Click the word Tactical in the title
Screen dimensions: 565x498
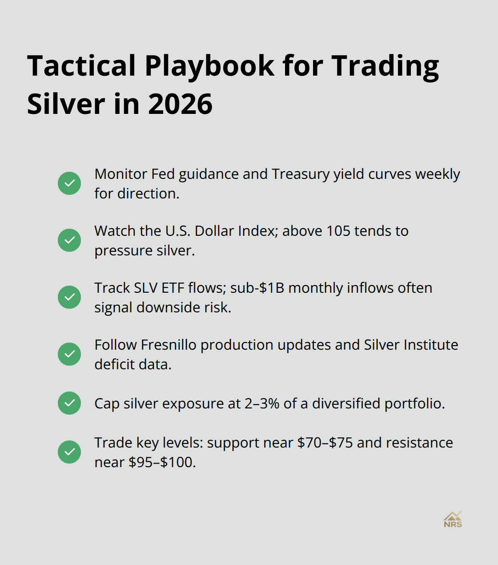coord(81,66)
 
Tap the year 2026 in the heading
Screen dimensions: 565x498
coord(180,104)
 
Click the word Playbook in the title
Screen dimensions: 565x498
coord(209,66)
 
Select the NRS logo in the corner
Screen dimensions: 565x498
coord(453,520)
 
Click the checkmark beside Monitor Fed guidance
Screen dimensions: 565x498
coord(69,183)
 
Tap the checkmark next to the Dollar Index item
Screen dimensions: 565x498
coord(69,240)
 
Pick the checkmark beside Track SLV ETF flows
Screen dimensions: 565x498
coord(69,297)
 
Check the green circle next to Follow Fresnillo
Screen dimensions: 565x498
coord(69,354)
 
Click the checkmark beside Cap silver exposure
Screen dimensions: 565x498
coord(69,403)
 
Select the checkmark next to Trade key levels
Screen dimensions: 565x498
coord(69,452)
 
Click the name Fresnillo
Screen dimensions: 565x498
coord(169,345)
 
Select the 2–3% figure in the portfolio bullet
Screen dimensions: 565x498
coord(262,404)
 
